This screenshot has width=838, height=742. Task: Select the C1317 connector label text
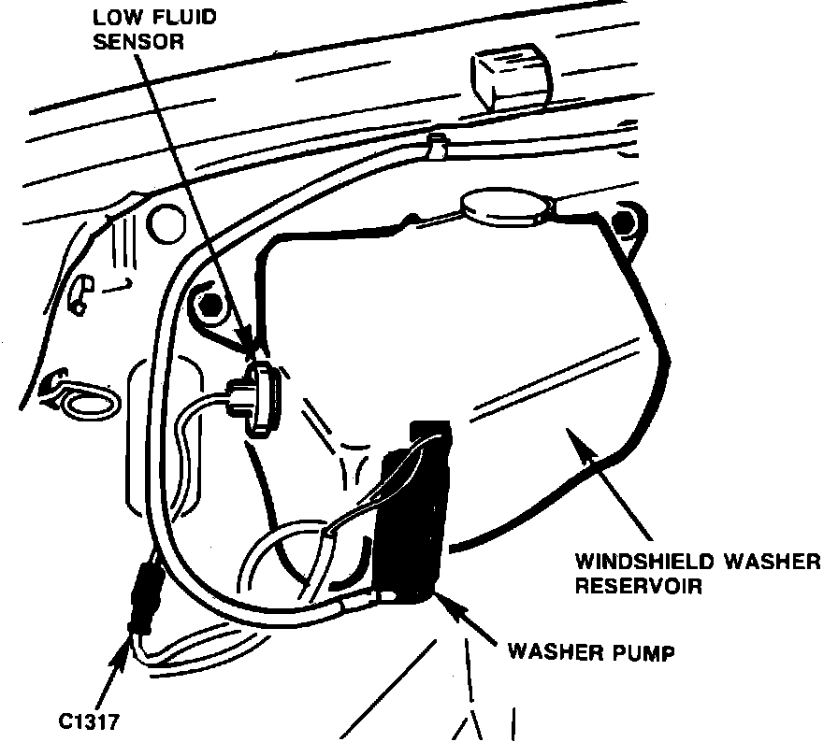[x=90, y=721]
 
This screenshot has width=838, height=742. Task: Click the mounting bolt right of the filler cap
[x=623, y=221]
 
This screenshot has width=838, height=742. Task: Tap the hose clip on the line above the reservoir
[x=434, y=144]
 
